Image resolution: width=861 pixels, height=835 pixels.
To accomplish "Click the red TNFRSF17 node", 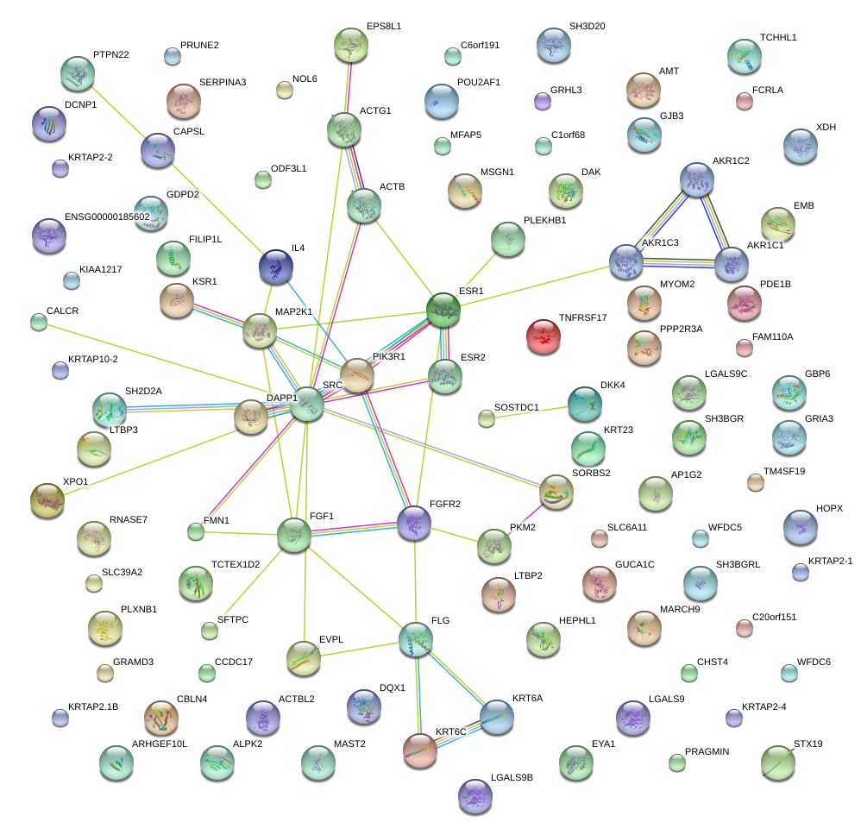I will coord(543,335).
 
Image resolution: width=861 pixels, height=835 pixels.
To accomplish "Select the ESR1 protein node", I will coord(443,309).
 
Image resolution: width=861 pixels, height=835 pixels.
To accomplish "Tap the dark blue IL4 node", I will coord(275,265).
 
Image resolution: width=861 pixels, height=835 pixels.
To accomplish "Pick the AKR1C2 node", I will coord(696,179).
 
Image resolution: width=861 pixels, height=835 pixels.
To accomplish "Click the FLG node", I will coord(416,637).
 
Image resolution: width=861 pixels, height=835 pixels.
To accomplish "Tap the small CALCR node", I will coord(38,323).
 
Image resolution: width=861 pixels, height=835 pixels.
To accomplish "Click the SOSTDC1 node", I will coord(487,419).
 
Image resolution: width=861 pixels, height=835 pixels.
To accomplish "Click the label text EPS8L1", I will coord(383,27).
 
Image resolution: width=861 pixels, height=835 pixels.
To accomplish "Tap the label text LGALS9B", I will coord(512,777).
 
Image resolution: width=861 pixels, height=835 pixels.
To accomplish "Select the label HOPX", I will coord(829,509).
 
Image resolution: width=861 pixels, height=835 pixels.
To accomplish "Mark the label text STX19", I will coord(808,744).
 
